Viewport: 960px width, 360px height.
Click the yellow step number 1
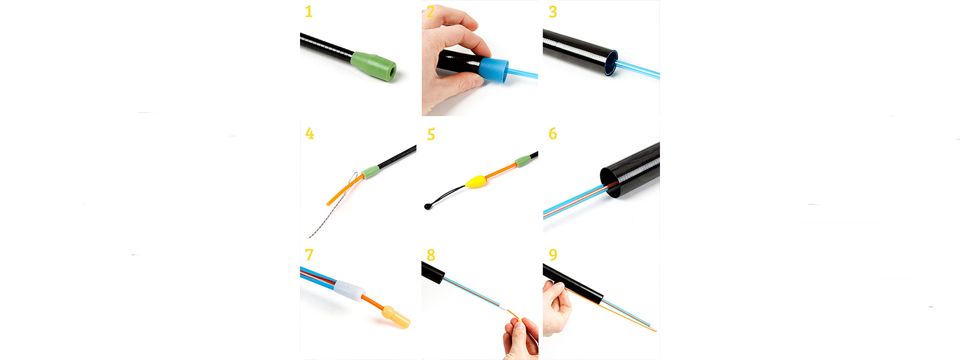(308, 11)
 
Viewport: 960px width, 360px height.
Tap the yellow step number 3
(553, 11)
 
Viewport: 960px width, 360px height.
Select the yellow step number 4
(310, 134)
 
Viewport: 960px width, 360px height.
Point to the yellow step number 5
(431, 134)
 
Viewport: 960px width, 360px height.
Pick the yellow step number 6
(553, 134)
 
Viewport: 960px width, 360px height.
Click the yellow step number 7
(309, 255)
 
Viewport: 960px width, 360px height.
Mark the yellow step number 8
(431, 255)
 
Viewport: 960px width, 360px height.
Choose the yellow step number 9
(553, 255)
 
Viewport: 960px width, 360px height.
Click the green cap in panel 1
(373, 67)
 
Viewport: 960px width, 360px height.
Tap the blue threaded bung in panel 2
(494, 71)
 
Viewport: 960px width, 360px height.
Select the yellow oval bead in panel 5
(475, 181)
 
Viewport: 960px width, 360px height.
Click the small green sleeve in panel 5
(523, 161)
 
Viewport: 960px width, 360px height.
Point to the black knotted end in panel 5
(427, 206)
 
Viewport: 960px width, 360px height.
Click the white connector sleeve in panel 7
(349, 291)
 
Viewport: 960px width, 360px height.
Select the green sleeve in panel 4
(370, 172)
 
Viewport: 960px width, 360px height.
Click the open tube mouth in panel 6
(609, 183)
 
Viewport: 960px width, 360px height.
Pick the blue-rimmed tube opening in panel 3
(611, 63)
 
